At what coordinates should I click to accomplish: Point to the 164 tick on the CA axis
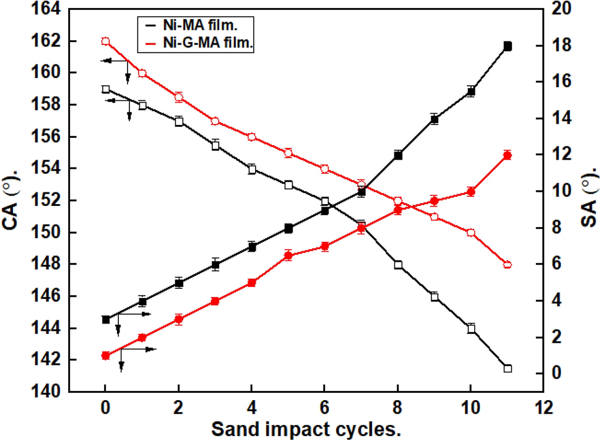click(50, 9)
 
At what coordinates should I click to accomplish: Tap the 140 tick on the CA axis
click(50, 392)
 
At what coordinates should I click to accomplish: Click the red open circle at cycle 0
click(105, 41)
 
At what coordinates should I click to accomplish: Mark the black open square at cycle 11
click(508, 369)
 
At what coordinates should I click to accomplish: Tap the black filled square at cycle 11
click(508, 46)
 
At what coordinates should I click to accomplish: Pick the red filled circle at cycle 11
click(508, 155)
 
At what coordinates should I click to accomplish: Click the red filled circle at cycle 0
click(105, 356)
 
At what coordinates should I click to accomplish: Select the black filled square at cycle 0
click(106, 319)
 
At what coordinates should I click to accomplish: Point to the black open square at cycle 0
click(105, 89)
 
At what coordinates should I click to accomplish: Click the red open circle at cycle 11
click(508, 265)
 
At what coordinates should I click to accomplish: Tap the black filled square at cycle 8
click(398, 155)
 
